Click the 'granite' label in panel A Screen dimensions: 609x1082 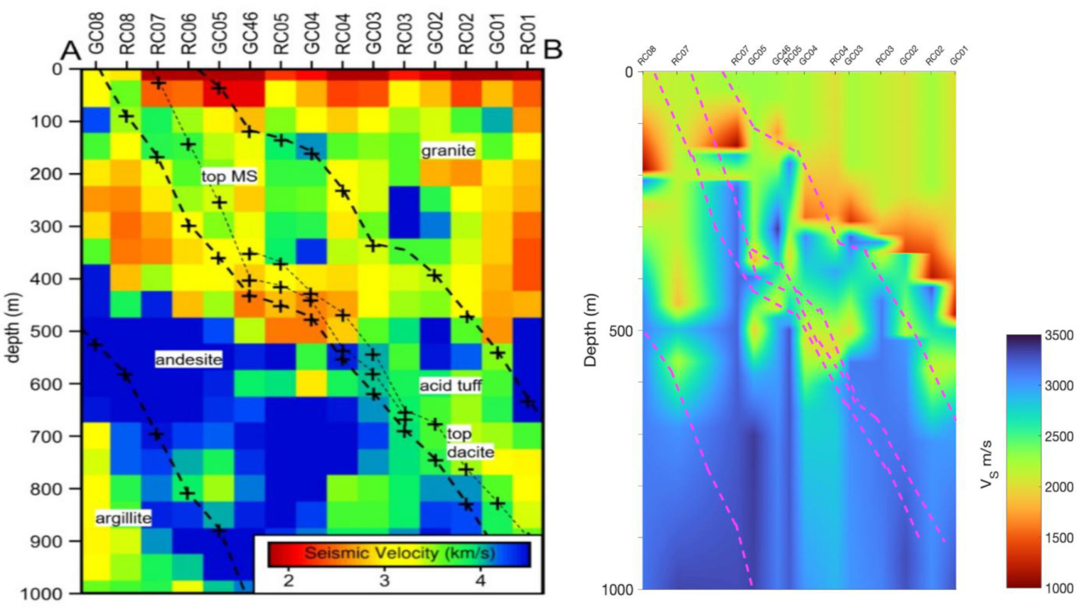pos(448,151)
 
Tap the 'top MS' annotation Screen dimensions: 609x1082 pos(229,176)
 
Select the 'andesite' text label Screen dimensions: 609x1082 pos(189,359)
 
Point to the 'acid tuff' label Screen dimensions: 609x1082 pos(451,385)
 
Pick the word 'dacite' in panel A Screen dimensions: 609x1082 pos(470,452)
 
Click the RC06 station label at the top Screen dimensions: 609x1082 pos(189,34)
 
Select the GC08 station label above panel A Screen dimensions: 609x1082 pos(96,34)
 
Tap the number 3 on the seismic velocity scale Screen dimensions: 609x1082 pos(384,580)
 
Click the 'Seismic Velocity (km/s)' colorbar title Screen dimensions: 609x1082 pos(399,553)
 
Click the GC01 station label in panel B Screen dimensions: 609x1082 pos(959,56)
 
